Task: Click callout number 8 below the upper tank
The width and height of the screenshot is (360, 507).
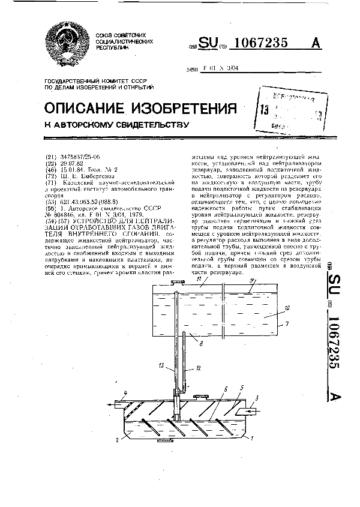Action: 201,343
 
